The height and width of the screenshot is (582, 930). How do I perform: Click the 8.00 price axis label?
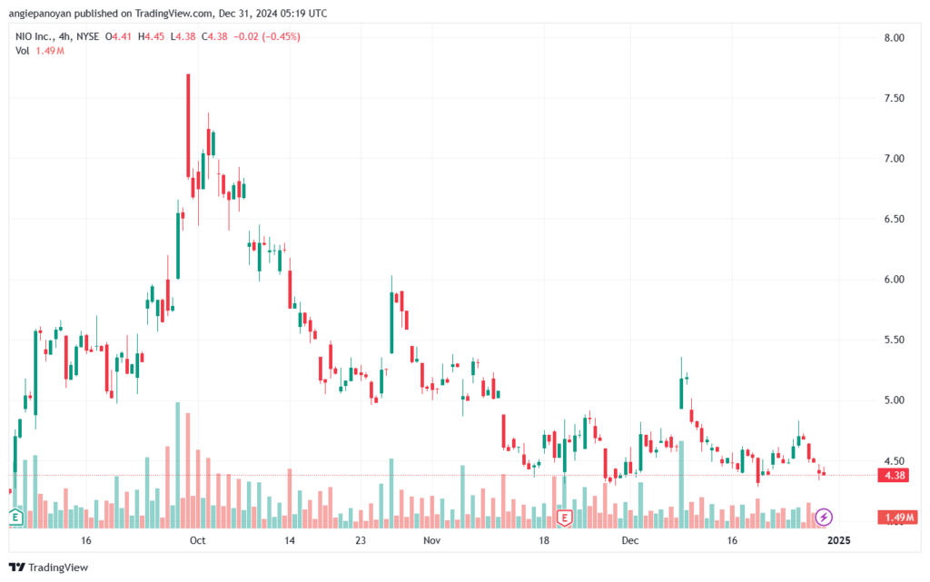click(x=894, y=38)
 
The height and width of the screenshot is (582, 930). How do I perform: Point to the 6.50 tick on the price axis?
click(x=894, y=220)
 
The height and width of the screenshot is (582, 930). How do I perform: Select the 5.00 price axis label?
click(x=894, y=400)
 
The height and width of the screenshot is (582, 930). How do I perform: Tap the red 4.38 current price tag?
click(x=894, y=476)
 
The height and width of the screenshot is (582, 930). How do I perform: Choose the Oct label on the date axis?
click(x=197, y=540)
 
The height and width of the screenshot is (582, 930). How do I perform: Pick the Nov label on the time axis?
click(x=431, y=540)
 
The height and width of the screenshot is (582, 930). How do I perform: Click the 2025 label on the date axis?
click(x=838, y=540)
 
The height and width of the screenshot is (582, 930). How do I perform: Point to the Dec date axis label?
click(x=630, y=540)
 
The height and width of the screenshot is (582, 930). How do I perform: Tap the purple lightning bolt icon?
click(x=823, y=517)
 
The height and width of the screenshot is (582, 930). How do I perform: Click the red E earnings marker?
click(x=564, y=518)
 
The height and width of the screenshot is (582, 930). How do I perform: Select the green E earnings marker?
click(x=15, y=518)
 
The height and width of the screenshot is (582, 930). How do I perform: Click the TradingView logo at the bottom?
click(x=49, y=567)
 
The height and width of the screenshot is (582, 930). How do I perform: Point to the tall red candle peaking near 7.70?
click(x=188, y=125)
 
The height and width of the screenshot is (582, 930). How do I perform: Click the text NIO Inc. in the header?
click(x=35, y=36)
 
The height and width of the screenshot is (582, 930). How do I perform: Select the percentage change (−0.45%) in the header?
click(x=281, y=36)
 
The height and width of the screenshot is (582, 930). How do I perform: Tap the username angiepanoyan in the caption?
click(x=40, y=14)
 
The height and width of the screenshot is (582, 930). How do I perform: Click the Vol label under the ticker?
click(x=22, y=51)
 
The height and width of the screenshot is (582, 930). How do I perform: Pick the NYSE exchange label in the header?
click(x=87, y=36)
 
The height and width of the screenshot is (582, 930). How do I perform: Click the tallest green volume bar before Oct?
click(x=177, y=465)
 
